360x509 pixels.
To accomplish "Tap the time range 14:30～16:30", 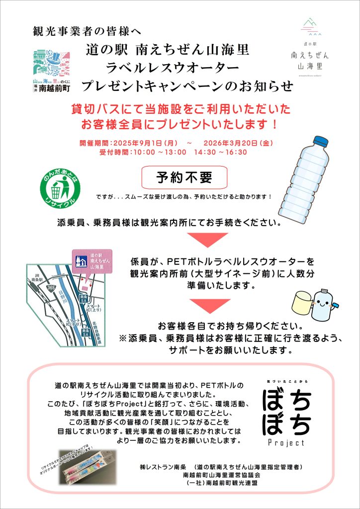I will point(220,152).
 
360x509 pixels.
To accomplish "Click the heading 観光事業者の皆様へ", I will point(87,32).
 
